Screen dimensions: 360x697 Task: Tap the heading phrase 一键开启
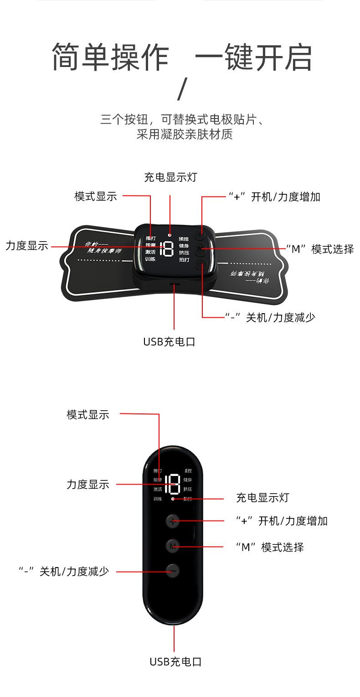[253, 57]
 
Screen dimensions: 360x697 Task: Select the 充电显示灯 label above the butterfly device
[170, 177]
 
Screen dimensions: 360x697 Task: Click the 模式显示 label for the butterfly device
[96, 196]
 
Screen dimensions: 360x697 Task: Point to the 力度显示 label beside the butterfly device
[26, 246]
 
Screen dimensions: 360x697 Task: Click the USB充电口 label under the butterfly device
[169, 341]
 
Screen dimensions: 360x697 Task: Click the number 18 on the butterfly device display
[167, 248]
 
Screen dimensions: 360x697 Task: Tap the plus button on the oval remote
[172, 521]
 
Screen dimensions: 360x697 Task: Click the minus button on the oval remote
[172, 570]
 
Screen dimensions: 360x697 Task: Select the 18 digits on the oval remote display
[172, 484]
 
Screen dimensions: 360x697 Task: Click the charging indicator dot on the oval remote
[173, 499]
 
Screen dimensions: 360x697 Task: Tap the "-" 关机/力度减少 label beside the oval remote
[64, 571]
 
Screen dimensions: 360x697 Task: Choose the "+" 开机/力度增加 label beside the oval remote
[282, 521]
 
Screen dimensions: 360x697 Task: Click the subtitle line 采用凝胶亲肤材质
[185, 134]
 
